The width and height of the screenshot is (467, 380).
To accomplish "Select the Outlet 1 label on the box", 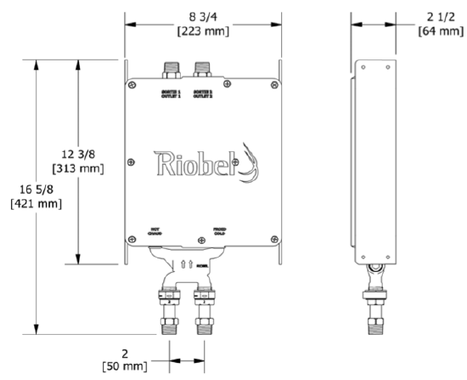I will [x=172, y=93].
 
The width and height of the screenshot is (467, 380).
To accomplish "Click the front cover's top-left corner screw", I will [x=133, y=82].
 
